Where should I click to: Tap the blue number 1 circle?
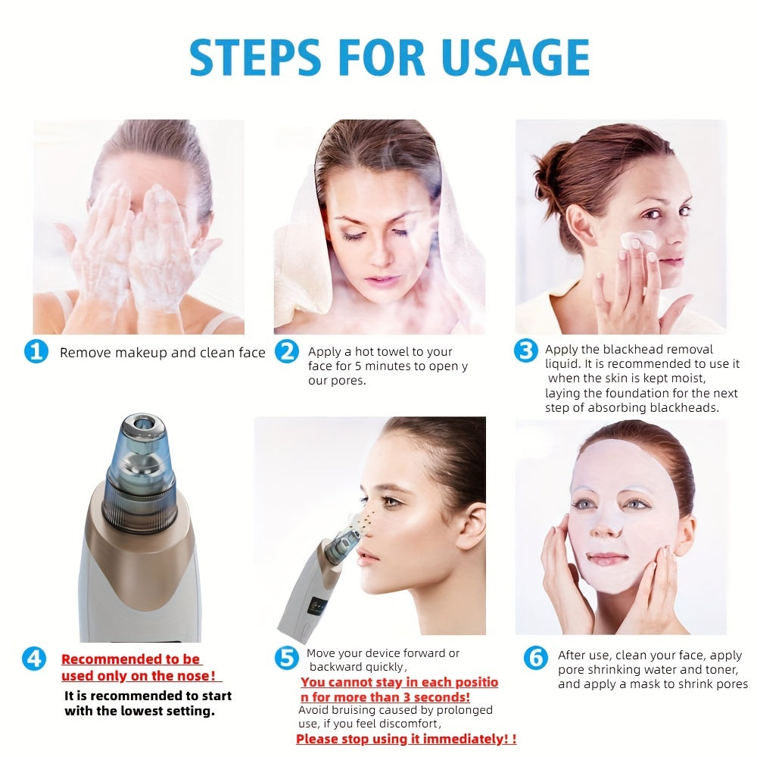(x=36, y=351)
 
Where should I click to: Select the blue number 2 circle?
(x=286, y=351)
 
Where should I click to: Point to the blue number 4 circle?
(x=34, y=659)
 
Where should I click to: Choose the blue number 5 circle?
(x=285, y=658)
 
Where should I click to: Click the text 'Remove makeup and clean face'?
(x=163, y=353)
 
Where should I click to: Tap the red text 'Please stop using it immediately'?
(x=401, y=739)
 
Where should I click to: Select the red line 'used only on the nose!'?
(x=139, y=676)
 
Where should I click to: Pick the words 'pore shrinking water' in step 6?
(x=616, y=670)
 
